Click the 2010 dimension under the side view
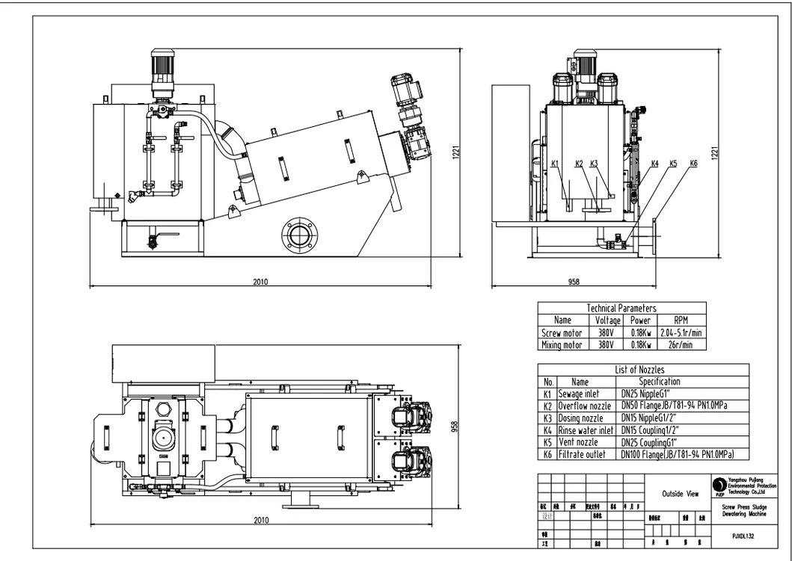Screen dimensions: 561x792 (260, 282)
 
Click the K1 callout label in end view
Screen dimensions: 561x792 (554, 164)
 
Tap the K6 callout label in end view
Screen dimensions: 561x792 (693, 164)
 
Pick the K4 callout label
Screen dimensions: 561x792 (654, 164)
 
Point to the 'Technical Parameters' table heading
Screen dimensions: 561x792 (621, 308)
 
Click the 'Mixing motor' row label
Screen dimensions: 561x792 (561, 344)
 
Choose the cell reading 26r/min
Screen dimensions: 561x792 (681, 344)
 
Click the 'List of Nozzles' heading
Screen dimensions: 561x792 (639, 369)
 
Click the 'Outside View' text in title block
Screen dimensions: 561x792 (680, 493)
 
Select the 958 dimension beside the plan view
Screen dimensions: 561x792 (453, 426)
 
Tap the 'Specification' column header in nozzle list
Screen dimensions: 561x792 (659, 381)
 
